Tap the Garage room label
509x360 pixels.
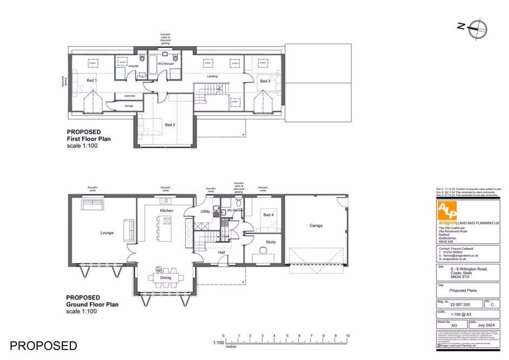(x=316, y=226)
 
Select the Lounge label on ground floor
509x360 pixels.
(x=106, y=233)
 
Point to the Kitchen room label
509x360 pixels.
(x=166, y=210)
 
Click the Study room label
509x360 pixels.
(x=270, y=242)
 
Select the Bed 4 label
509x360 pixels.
(x=268, y=215)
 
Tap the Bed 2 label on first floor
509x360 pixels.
(x=170, y=125)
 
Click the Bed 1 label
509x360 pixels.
(x=91, y=80)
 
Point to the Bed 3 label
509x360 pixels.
(x=264, y=81)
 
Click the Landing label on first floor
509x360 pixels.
(x=213, y=77)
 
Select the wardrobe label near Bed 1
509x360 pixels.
(x=129, y=96)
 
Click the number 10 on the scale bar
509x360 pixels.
(x=348, y=336)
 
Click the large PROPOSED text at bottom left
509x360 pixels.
(x=43, y=345)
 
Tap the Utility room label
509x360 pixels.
(x=205, y=212)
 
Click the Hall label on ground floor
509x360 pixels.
(x=221, y=252)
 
